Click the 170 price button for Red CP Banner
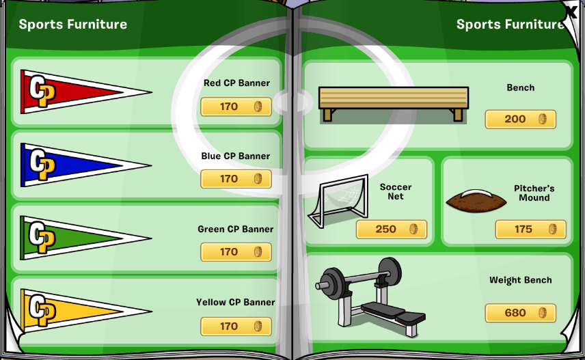(x=236, y=107)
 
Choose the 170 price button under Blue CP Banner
(x=236, y=179)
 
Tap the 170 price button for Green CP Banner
(x=236, y=252)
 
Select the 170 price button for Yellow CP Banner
(x=236, y=327)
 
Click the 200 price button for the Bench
(x=521, y=120)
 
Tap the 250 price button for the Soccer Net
(x=392, y=229)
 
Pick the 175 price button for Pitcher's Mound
(x=530, y=229)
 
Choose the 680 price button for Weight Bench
(x=521, y=313)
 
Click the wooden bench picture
(x=394, y=104)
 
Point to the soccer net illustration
(x=338, y=201)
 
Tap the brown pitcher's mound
(x=476, y=201)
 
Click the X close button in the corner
(x=571, y=11)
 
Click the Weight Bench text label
(x=521, y=280)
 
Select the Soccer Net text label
(x=396, y=191)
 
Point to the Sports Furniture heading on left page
(x=73, y=24)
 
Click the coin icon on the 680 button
(x=543, y=313)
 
